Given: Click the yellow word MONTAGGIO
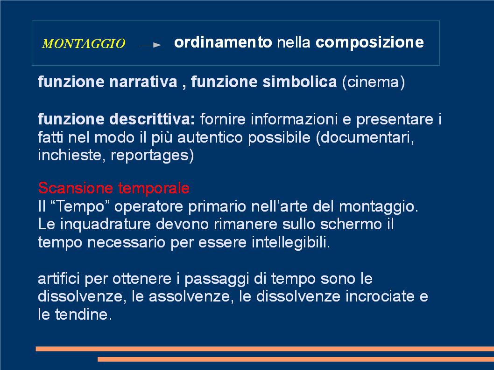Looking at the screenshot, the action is tap(84, 43).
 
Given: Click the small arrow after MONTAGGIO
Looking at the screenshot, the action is tap(150, 45).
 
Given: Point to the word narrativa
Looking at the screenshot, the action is tap(143, 82).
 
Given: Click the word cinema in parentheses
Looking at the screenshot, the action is tap(374, 82).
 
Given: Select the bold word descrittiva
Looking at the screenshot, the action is tap(152, 119).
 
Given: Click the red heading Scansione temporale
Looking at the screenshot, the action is tap(114, 188).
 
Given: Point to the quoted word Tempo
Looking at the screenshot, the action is tap(80, 206).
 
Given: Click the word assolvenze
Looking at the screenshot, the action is tap(190, 296).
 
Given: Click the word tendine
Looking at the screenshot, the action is tap(82, 315).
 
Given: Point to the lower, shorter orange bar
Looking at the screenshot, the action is tap(296, 359).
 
